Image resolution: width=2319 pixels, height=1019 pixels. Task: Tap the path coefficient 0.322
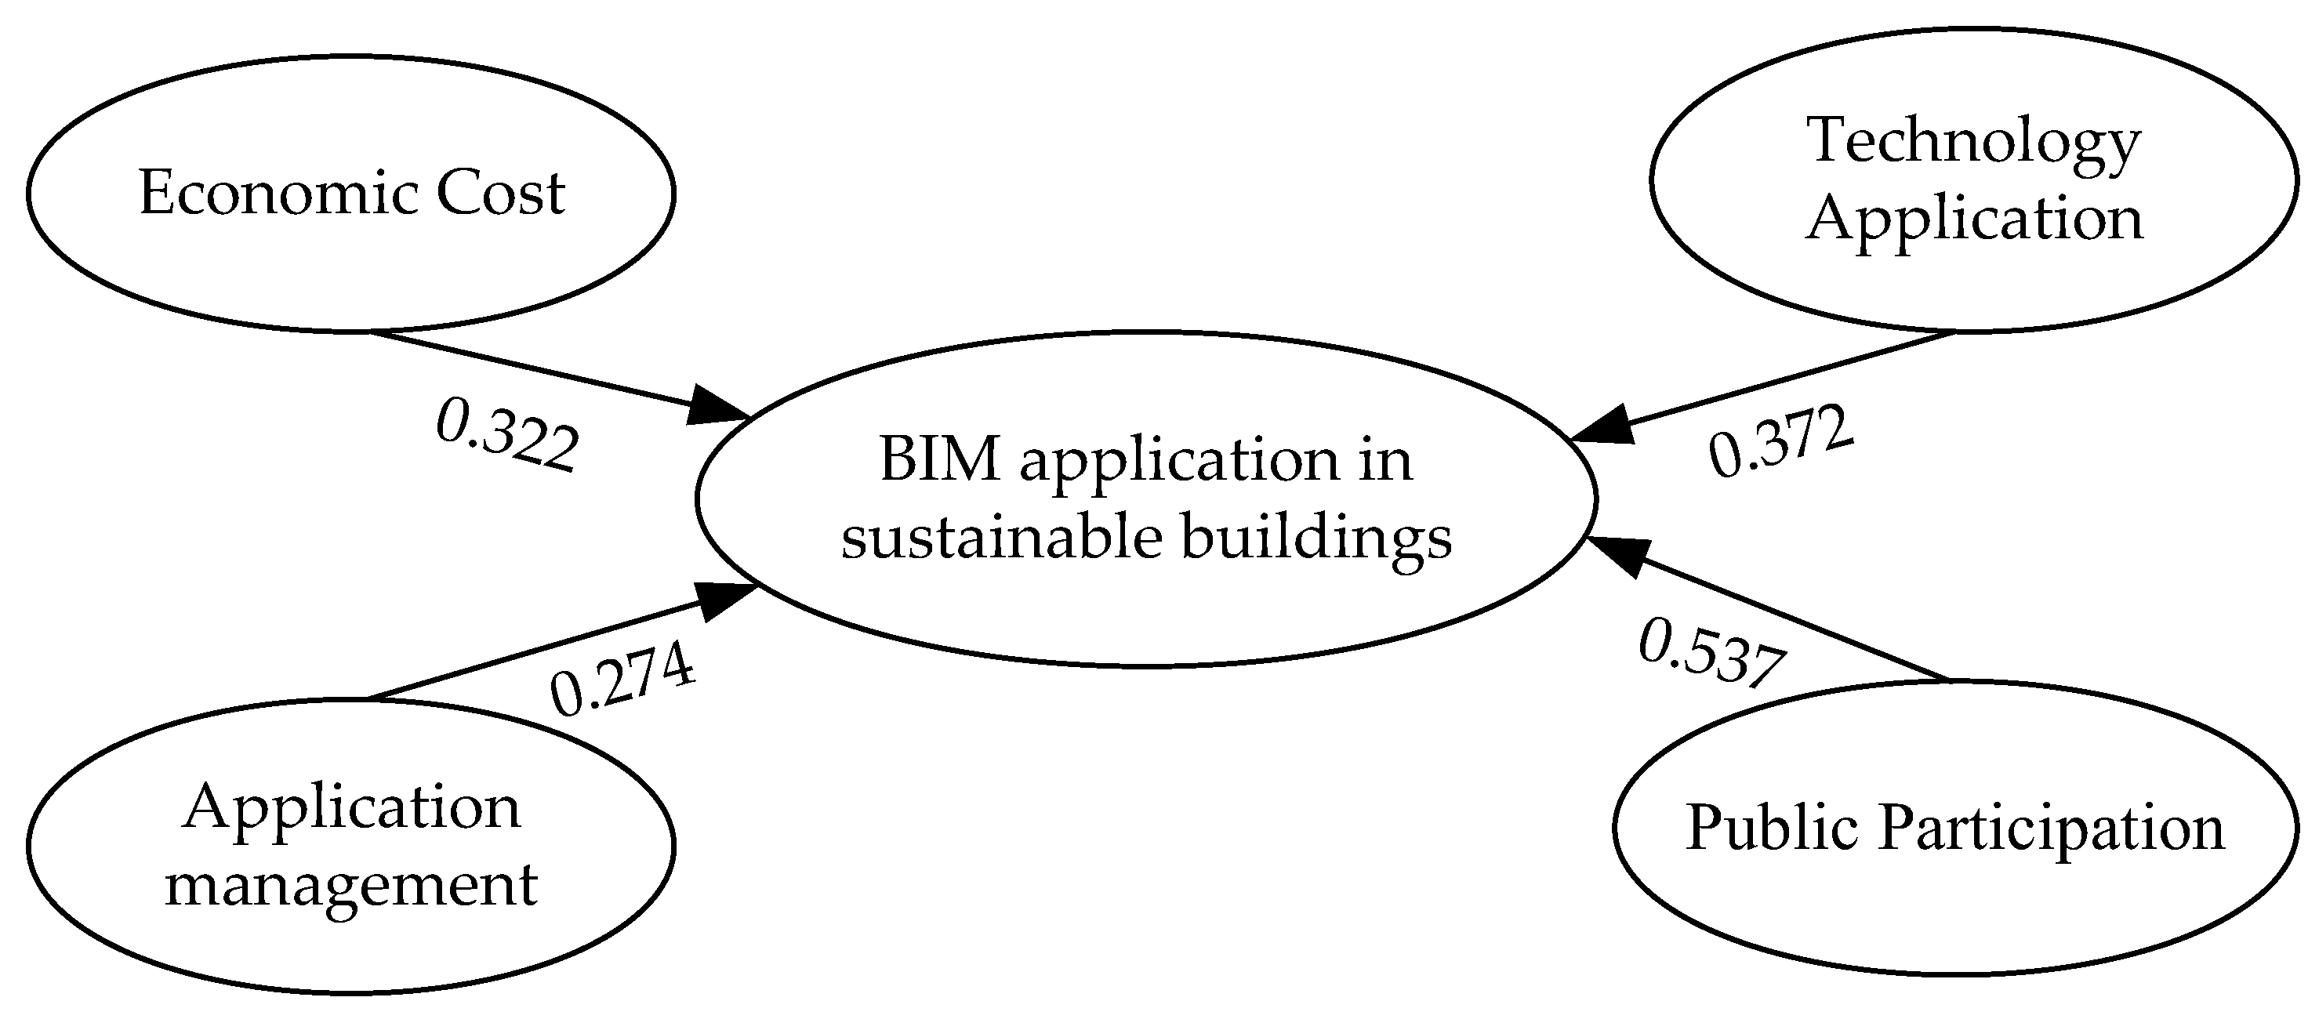coord(506,437)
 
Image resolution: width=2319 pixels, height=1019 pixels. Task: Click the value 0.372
coord(1780,442)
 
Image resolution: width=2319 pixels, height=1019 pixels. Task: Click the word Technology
coord(1973,140)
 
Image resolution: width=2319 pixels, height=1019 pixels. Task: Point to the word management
coord(351,886)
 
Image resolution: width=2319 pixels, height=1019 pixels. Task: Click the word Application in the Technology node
coord(1973,219)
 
